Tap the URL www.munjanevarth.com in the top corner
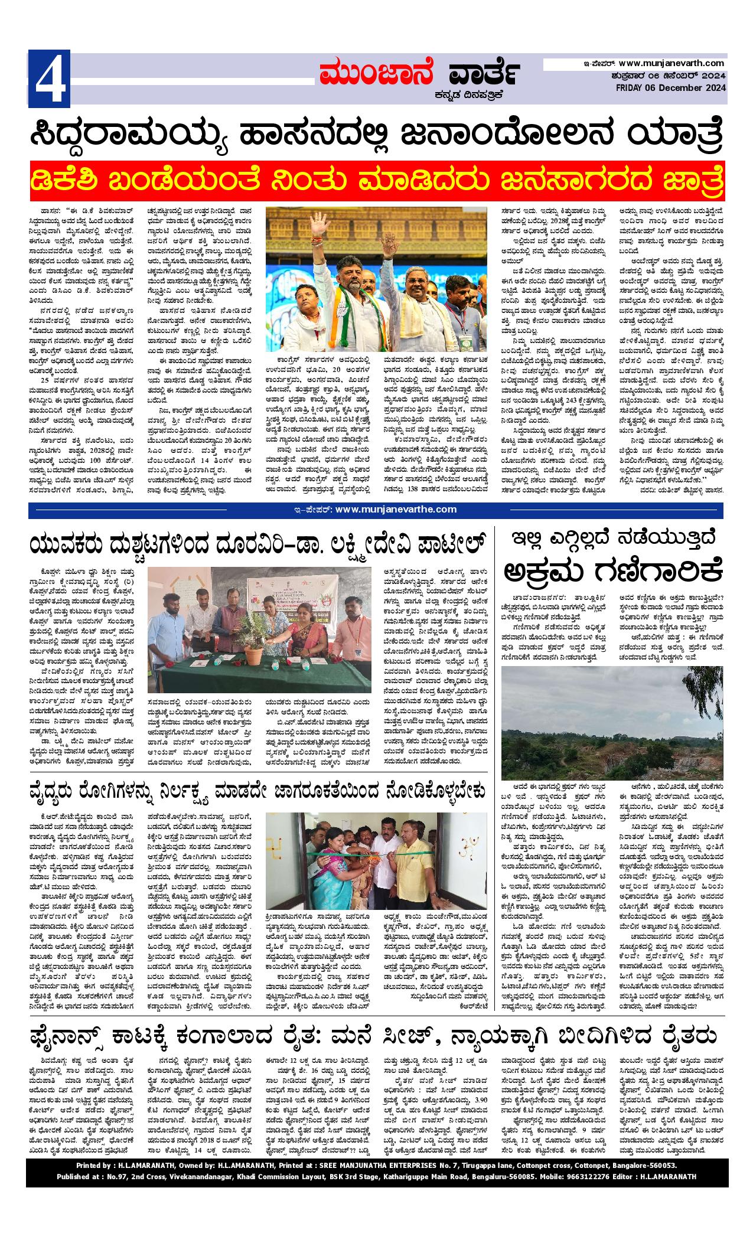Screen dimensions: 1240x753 (672, 63)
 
